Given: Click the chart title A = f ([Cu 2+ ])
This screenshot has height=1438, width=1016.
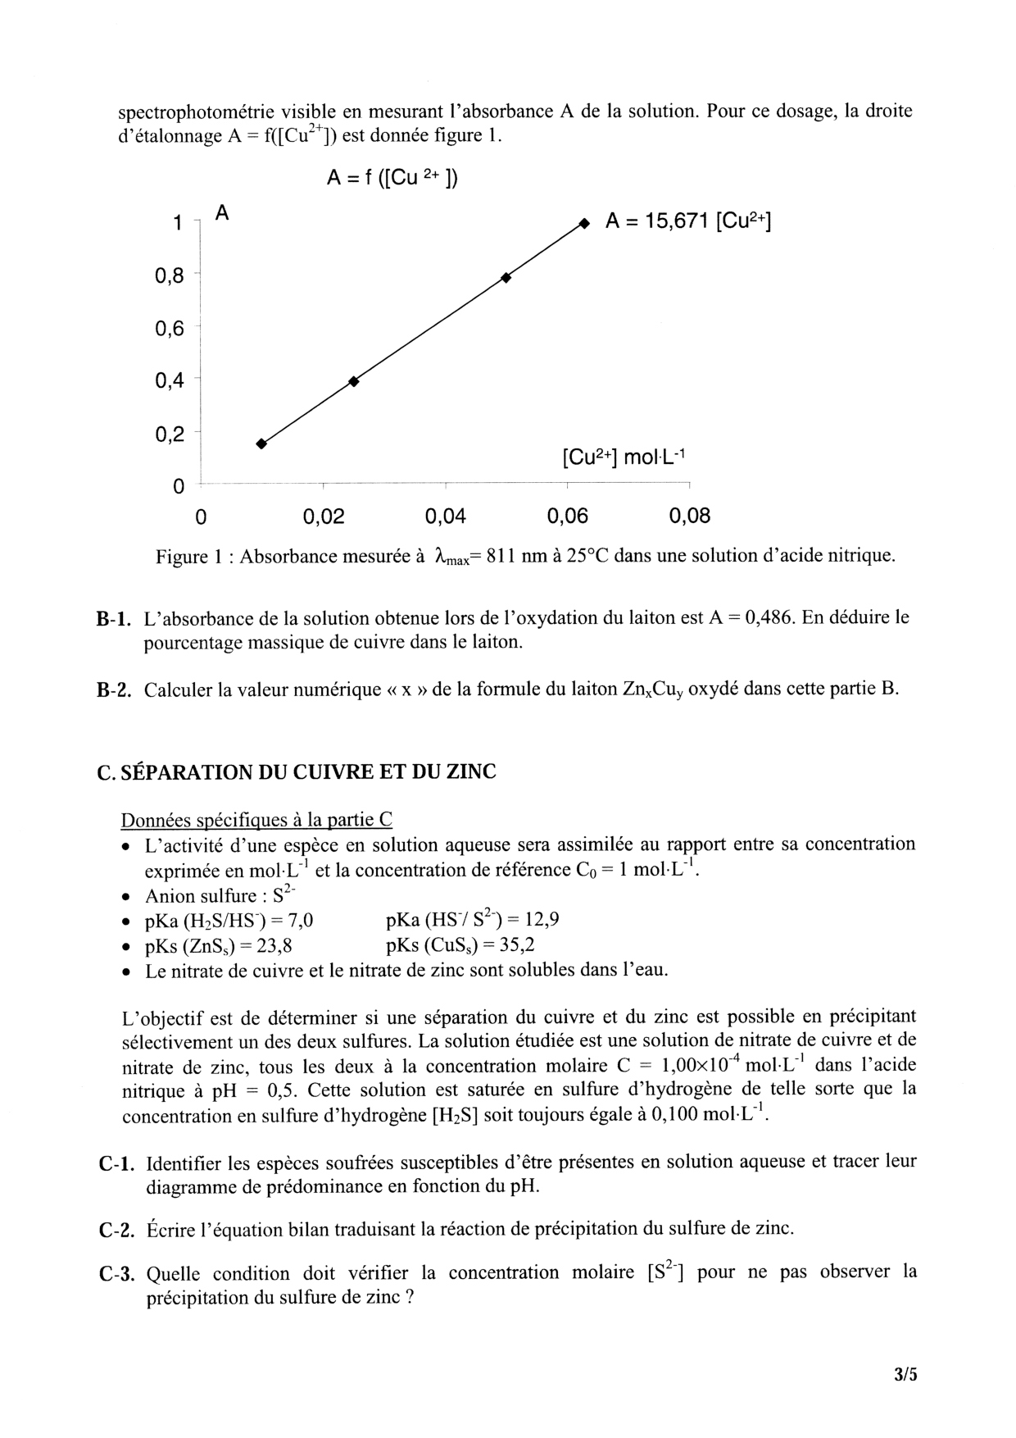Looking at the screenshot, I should tap(392, 178).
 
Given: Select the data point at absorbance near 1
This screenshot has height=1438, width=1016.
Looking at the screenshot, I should tap(583, 222).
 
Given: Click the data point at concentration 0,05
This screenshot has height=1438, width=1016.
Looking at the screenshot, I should tap(506, 278).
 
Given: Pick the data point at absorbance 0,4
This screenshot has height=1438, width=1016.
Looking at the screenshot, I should tap(354, 380).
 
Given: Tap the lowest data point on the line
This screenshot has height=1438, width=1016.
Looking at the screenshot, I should tap(261, 444).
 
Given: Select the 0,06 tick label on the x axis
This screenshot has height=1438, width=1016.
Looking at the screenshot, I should tap(567, 516).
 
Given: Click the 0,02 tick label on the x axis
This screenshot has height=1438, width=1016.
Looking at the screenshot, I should tap(324, 516).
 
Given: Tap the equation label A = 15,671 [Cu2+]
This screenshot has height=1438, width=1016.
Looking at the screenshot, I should tap(688, 221).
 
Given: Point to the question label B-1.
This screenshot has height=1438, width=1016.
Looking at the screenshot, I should tap(114, 619).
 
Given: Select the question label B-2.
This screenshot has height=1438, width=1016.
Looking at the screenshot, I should tap(114, 690).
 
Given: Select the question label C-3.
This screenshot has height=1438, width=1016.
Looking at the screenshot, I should tap(115, 1274).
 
